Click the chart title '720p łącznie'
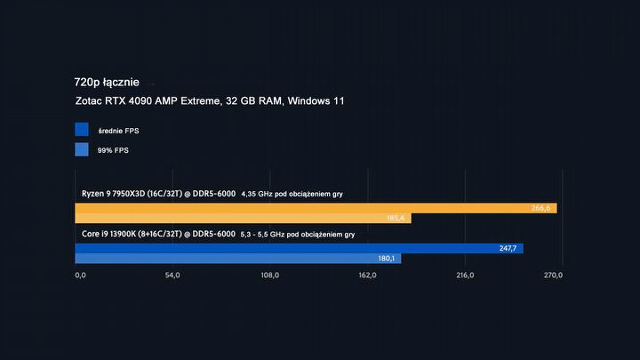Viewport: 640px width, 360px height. (107, 82)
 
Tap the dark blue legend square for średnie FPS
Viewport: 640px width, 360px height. (82, 131)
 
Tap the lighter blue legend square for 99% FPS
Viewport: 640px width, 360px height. (82, 150)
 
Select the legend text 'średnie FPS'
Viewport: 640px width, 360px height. (118, 132)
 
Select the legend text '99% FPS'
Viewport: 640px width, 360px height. (113, 151)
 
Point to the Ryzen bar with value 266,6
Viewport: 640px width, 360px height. (316, 208)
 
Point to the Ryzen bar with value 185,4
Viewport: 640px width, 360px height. (243, 219)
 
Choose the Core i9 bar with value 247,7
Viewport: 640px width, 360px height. (299, 248)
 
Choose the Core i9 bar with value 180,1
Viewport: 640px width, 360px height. (238, 259)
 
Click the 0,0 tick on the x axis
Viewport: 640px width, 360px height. (81, 276)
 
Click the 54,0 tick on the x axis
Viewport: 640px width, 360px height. (173, 276)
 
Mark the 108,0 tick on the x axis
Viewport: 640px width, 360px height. (269, 276)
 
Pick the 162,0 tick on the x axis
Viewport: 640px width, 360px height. (367, 276)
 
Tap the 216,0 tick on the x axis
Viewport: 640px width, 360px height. (464, 276)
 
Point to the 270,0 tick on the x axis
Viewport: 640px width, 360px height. (552, 276)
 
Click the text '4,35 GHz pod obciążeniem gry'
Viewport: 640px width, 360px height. (292, 194)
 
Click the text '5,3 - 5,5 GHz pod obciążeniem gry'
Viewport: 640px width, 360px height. (298, 235)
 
